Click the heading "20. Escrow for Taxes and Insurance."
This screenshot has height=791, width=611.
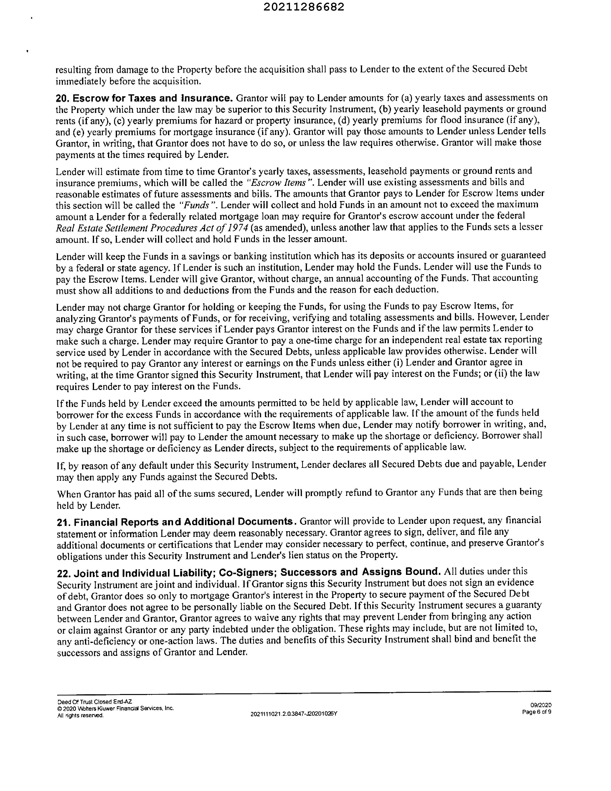point(144,98)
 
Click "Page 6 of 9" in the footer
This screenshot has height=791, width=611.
point(537,712)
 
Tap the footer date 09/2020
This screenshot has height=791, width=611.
point(541,705)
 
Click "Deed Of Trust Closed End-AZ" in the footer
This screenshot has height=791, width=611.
point(95,701)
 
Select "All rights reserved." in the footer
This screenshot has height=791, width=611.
point(80,715)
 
